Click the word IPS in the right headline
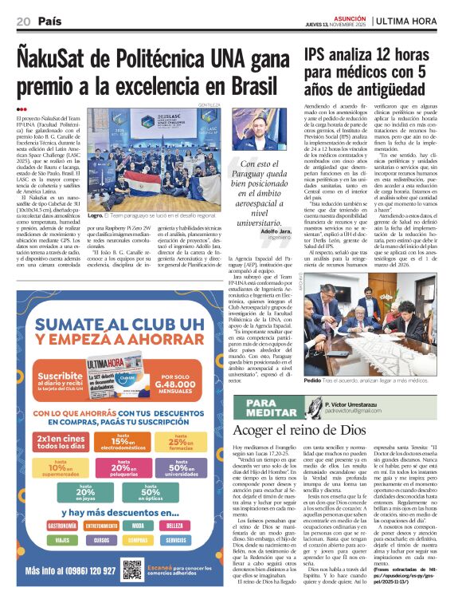click(320, 56)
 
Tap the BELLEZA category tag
click(183, 526)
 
